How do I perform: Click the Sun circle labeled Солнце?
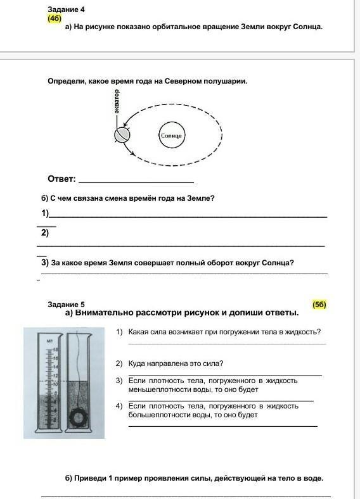click(172, 136)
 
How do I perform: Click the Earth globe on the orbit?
click(122, 135)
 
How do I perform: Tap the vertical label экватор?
click(117, 101)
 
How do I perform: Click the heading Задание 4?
click(67, 9)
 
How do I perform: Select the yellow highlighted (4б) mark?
click(55, 18)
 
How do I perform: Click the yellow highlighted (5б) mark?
click(319, 305)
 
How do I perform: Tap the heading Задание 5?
click(67, 305)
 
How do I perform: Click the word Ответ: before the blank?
click(62, 179)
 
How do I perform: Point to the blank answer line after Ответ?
click(136, 182)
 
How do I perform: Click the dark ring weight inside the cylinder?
click(77, 417)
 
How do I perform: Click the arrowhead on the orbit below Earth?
click(132, 153)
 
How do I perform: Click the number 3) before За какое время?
click(45, 263)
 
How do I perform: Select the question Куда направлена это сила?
click(176, 363)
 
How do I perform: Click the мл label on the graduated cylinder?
click(49, 341)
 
